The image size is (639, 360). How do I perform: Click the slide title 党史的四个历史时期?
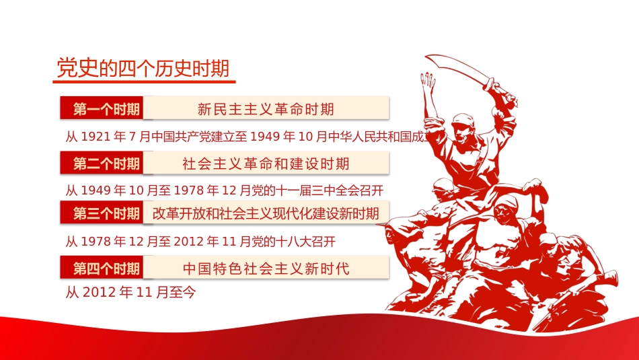(143, 69)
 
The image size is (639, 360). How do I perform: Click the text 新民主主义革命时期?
(266, 109)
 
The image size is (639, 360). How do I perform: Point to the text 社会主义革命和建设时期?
(266, 164)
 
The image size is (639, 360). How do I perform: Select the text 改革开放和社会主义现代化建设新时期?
(266, 214)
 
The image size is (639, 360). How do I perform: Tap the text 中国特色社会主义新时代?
(266, 268)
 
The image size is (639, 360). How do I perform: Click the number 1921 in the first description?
(96, 137)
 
